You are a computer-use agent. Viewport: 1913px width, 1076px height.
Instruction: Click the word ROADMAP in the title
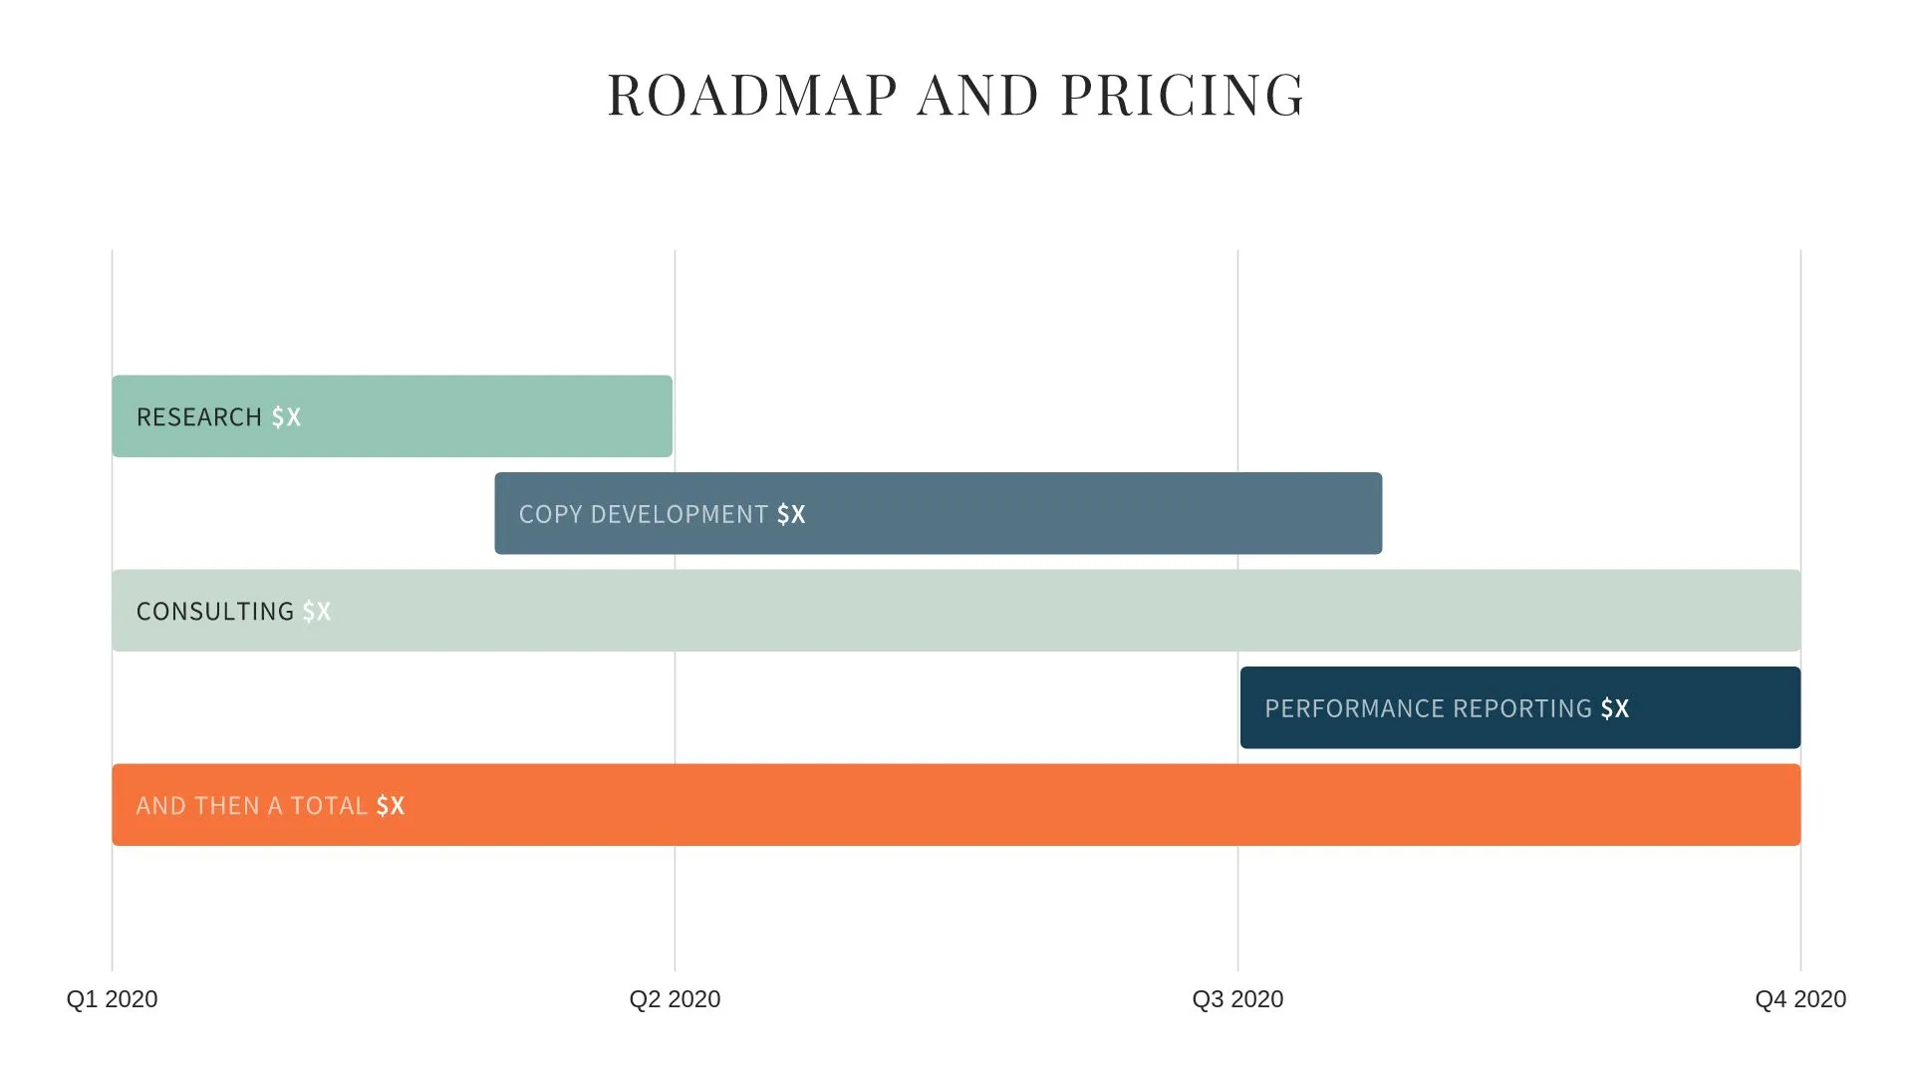752,96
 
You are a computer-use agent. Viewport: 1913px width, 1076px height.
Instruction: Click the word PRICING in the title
1182,96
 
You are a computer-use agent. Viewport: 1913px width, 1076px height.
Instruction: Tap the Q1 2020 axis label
112,999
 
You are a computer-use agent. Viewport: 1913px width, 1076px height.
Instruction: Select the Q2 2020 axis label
675,999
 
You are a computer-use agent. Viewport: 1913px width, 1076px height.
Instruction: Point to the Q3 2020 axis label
1237,999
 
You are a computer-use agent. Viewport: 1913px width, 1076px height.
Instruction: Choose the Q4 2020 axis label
1800,999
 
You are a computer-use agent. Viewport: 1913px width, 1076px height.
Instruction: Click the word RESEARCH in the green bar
199,417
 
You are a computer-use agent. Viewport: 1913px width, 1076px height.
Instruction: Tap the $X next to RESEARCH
286,417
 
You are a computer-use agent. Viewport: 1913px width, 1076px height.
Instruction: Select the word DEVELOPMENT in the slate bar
680,515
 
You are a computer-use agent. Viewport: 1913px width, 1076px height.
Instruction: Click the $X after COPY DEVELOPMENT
791,515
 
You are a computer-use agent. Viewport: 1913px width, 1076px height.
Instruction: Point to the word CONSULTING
215,612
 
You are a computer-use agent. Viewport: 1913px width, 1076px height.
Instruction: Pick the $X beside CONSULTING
317,612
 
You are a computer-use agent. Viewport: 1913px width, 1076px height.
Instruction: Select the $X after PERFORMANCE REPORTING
1615,709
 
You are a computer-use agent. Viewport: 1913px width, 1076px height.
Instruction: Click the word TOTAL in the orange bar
329,806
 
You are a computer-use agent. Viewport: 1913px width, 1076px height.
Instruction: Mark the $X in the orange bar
391,806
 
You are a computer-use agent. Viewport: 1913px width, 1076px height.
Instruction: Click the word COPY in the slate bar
550,515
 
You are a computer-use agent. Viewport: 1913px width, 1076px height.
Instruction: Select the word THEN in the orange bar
228,806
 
